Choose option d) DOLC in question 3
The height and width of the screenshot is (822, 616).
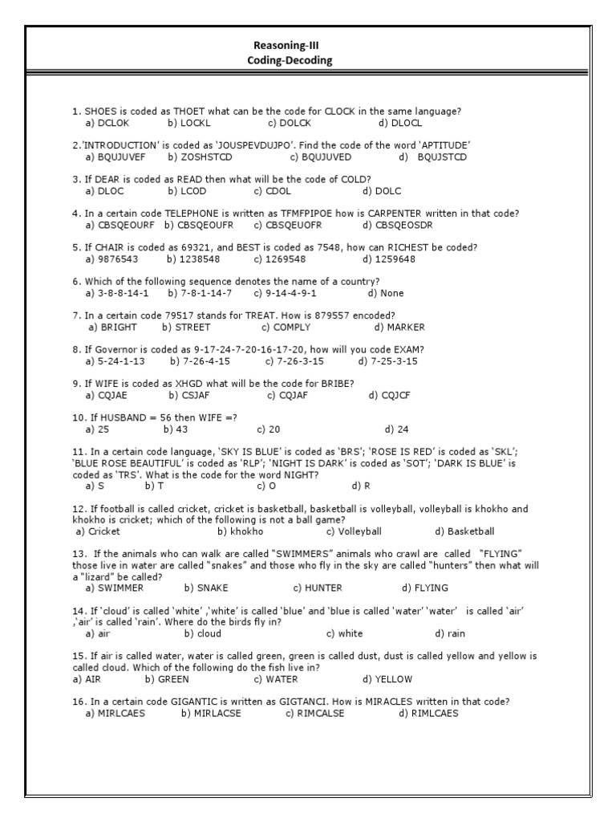click(382, 191)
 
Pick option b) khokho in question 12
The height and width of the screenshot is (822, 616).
click(241, 531)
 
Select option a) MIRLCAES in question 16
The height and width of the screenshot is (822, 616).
click(115, 713)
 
